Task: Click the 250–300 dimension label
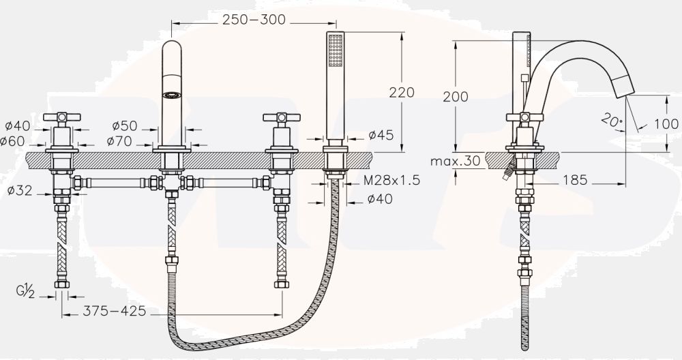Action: (254, 20)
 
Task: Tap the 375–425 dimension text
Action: (115, 311)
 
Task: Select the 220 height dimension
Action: (402, 92)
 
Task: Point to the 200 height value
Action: (456, 96)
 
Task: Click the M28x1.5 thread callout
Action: (391, 180)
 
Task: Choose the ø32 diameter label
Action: (20, 190)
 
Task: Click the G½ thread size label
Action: (25, 291)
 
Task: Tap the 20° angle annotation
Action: (612, 119)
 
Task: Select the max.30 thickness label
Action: (456, 162)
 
